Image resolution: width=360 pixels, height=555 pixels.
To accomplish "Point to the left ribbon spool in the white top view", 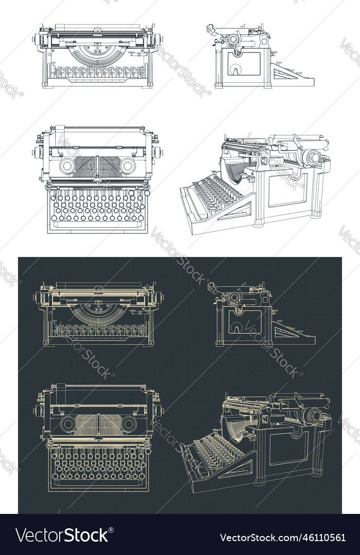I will click(x=67, y=166).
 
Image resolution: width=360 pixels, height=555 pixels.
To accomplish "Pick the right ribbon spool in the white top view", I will click(x=127, y=166).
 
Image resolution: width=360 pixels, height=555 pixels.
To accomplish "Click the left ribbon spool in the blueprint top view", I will click(x=67, y=424).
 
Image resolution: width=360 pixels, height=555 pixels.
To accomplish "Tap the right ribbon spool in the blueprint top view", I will click(x=128, y=424).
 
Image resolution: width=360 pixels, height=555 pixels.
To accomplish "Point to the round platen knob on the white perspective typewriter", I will click(x=312, y=156).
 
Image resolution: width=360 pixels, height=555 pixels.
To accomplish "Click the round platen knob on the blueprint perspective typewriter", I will click(x=312, y=415).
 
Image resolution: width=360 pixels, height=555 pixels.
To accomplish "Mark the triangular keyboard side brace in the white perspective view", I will click(x=234, y=211).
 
